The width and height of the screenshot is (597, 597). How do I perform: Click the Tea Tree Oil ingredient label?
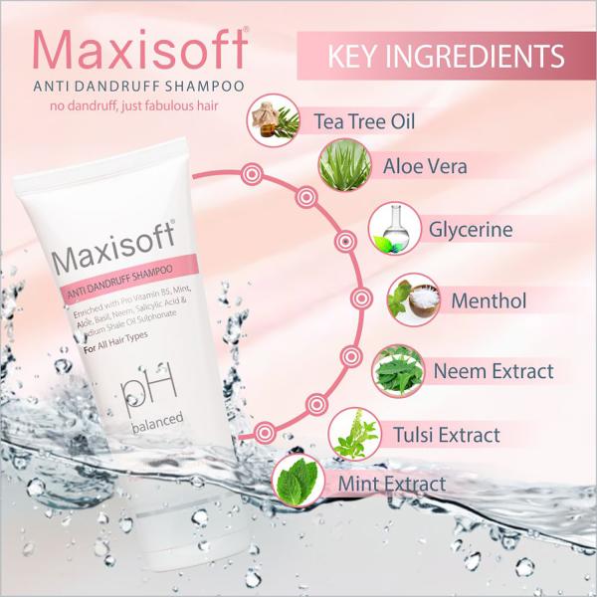pyautogui.click(x=364, y=121)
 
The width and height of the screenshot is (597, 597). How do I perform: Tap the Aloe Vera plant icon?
pyautogui.click(x=345, y=166)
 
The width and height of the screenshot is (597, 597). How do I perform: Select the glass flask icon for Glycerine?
pyautogui.click(x=394, y=229)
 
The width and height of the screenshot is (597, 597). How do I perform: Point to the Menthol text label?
pyautogui.click(x=489, y=300)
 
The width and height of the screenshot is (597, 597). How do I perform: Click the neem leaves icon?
pyautogui.click(x=398, y=371)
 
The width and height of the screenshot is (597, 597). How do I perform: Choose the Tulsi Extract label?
pyautogui.click(x=446, y=435)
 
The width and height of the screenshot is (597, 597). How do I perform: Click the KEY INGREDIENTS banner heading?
pyautogui.click(x=446, y=57)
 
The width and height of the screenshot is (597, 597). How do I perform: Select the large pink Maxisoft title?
pyautogui.click(x=141, y=50)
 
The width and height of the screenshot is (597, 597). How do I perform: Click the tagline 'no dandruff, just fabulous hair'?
pyautogui.click(x=134, y=105)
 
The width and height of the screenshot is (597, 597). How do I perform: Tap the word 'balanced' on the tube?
pyautogui.click(x=157, y=422)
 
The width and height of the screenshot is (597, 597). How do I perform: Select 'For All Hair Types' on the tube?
pyautogui.click(x=115, y=342)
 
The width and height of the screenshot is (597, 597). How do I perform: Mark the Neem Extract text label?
pyautogui.click(x=494, y=371)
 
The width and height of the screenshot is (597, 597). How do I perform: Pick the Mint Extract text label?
pyautogui.click(x=392, y=484)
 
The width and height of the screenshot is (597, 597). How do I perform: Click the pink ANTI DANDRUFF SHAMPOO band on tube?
pyautogui.click(x=129, y=279)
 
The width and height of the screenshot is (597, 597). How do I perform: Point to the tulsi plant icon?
pyautogui.click(x=354, y=434)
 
